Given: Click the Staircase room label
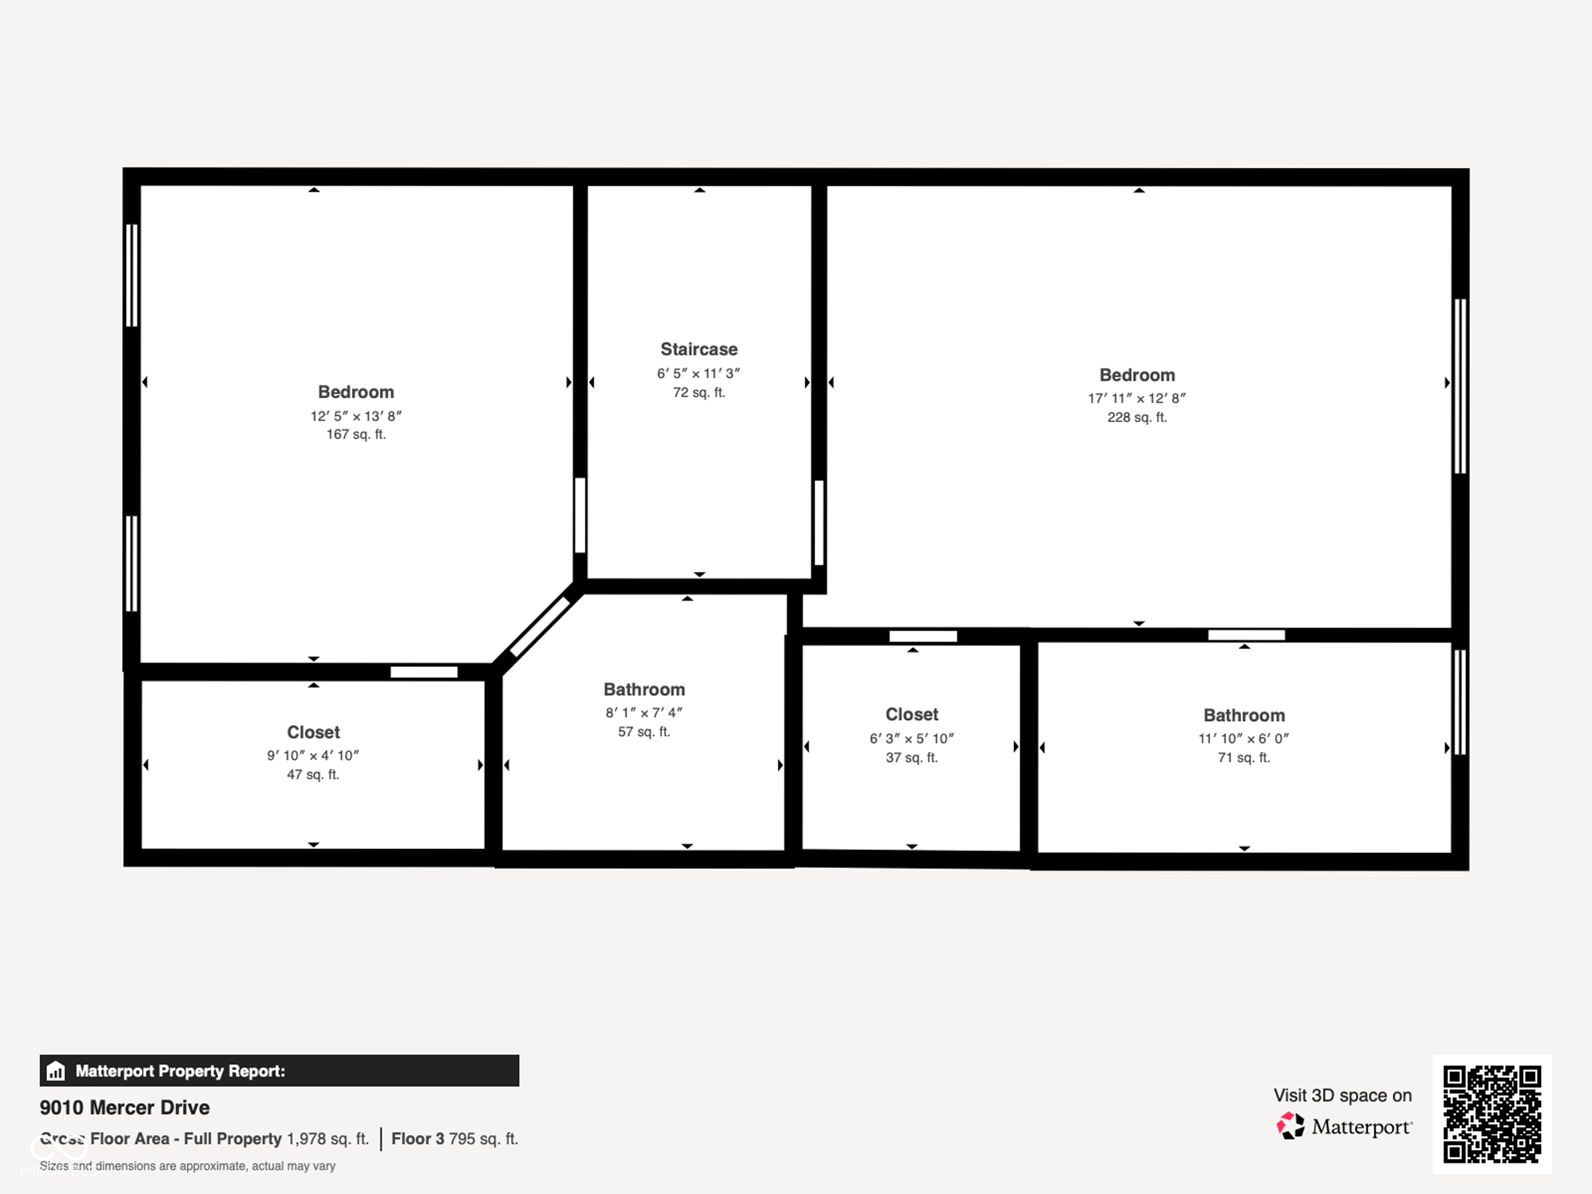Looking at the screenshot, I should coord(699,350).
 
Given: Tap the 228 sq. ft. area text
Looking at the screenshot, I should coord(1136,417).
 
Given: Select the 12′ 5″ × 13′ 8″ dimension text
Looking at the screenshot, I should coord(356,416).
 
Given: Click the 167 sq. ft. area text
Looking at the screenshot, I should coord(356,434).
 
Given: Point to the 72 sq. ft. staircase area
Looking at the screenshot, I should coord(699,393).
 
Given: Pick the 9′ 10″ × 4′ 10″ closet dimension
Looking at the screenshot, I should coord(312,756).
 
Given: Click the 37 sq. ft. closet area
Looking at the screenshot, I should coord(911,758).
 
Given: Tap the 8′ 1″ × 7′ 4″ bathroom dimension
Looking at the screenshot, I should coord(643,713).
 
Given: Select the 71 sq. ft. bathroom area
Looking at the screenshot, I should coord(1244,758).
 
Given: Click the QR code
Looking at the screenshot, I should coord(1491,1114).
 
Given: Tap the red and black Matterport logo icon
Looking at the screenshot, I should coord(1290,1126).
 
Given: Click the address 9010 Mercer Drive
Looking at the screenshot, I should coord(125,1108).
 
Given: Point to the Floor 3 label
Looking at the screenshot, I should coord(417,1138).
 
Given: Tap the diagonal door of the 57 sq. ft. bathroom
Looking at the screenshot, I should coord(540,627).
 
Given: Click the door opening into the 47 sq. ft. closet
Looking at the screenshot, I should coord(424,672).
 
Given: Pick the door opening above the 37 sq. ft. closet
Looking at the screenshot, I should coord(923,636).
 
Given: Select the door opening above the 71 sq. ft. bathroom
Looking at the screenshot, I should coord(1246,635).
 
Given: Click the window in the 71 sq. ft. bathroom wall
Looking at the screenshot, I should coord(1459,702).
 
